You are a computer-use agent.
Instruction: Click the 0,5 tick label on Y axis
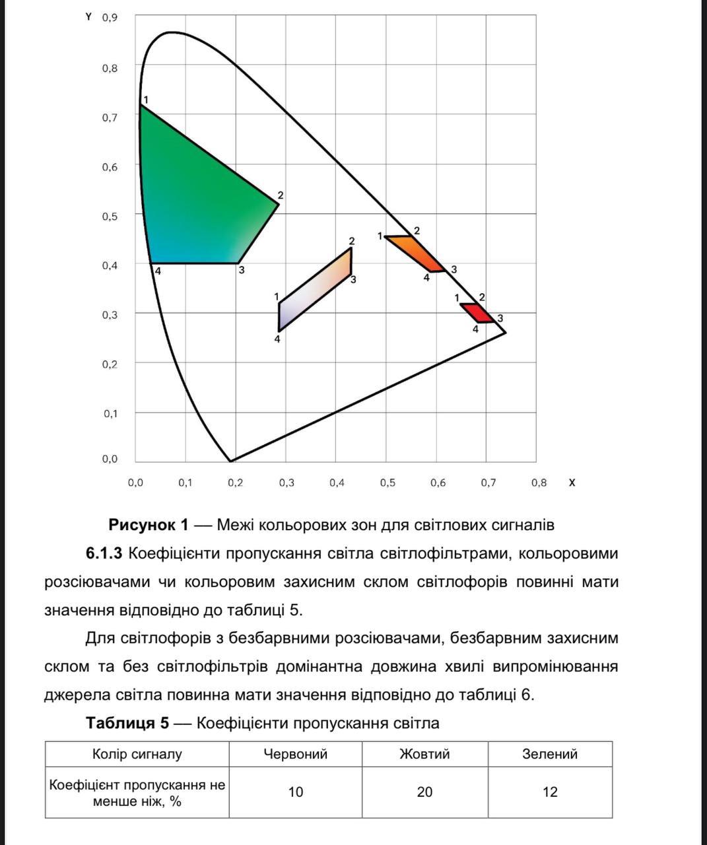point(110,216)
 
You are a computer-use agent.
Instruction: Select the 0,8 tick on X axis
point(539,483)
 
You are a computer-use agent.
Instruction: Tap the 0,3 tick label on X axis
point(286,483)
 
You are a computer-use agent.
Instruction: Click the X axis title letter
point(572,483)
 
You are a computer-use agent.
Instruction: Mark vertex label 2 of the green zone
point(281,195)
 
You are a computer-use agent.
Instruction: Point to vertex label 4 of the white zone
point(277,339)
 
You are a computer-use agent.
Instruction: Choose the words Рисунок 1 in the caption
point(148,525)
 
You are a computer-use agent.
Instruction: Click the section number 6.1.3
point(104,553)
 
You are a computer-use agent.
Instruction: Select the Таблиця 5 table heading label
point(127,723)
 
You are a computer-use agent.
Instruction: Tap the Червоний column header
point(295,754)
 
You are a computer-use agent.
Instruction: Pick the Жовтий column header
point(424,754)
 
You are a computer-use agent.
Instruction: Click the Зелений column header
point(550,754)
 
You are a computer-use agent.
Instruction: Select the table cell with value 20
point(424,792)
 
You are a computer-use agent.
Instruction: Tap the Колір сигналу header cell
point(137,754)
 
